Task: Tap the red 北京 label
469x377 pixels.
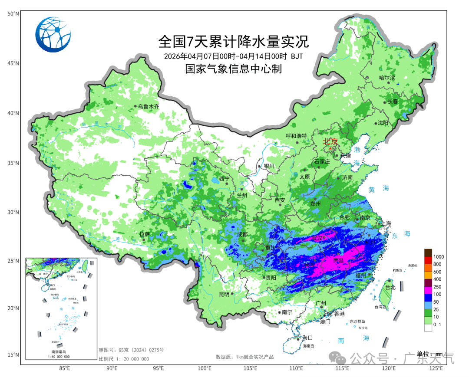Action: [x=330, y=141]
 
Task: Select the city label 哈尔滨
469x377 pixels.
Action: [x=387, y=78]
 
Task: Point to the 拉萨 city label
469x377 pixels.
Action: [x=144, y=234]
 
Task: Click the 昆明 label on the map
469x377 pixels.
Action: [x=224, y=294]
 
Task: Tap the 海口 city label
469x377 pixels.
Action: [x=308, y=338]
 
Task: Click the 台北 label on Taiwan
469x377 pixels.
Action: [x=390, y=287]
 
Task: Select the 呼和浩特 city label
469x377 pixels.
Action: [x=296, y=136]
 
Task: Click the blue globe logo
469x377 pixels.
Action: [x=53, y=34]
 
